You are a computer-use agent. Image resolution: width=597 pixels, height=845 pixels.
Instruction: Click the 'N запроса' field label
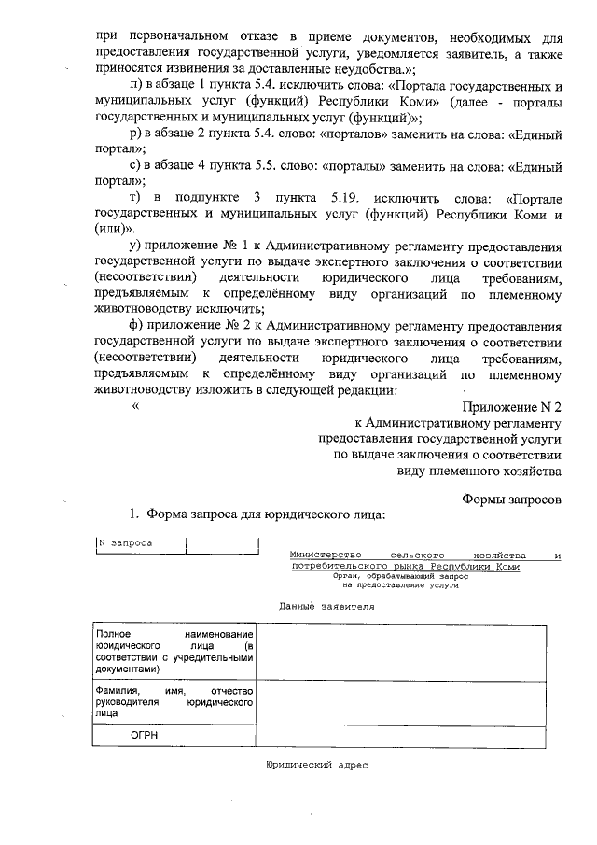coord(125,542)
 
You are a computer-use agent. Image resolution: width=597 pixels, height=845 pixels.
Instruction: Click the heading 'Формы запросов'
coord(512,499)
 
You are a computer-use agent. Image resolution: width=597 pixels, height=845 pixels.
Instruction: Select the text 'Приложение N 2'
coord(512,407)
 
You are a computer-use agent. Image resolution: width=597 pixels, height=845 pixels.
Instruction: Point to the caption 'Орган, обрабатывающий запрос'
coord(402,577)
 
